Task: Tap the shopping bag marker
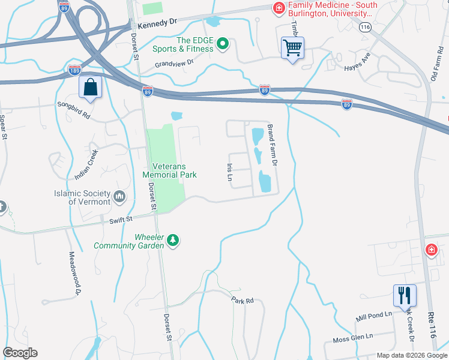point(90,87)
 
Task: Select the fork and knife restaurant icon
point(404,295)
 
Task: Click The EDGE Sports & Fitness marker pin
point(223,44)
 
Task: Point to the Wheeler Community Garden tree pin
point(173,240)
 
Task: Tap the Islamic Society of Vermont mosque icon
point(119,196)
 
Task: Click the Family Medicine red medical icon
point(279,8)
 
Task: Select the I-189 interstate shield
point(74,70)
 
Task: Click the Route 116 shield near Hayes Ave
point(364,28)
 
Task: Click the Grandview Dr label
point(174,62)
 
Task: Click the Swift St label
point(121,220)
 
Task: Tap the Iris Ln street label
point(229,172)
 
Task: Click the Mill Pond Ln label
point(373,314)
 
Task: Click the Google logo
point(20,353)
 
